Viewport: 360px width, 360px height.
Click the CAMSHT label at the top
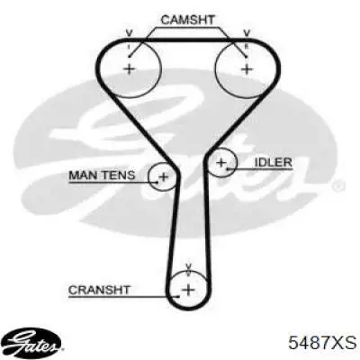pyautogui.click(x=187, y=20)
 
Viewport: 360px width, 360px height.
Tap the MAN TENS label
pyautogui.click(x=102, y=175)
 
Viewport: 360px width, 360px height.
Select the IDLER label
pyautogui.click(x=273, y=162)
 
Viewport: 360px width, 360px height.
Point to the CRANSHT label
pyautogui.click(x=99, y=290)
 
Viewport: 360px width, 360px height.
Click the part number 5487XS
pyautogui.click(x=322, y=343)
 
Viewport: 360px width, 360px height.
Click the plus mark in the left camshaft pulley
pyautogui.click(x=130, y=69)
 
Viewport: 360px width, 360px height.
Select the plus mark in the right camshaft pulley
pyautogui.click(x=247, y=69)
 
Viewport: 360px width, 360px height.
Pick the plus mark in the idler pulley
pyautogui.click(x=221, y=163)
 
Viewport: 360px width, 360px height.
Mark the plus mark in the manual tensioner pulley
pyautogui.click(x=164, y=176)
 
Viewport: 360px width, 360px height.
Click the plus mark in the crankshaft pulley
pyautogui.click(x=188, y=290)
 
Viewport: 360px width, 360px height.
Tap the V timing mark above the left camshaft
pyautogui.click(x=129, y=33)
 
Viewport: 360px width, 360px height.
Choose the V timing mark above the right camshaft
pyautogui.click(x=247, y=33)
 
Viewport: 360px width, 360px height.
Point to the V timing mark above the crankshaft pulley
pyautogui.click(x=188, y=266)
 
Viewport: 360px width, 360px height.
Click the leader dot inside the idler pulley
pyautogui.click(x=228, y=169)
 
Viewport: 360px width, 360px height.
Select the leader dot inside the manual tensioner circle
pyautogui.click(x=157, y=182)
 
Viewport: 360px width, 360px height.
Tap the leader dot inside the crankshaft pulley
pyautogui.click(x=178, y=297)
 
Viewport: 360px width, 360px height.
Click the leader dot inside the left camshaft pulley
pyautogui.click(x=129, y=57)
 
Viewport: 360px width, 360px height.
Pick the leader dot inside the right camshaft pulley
pyautogui.click(x=247, y=57)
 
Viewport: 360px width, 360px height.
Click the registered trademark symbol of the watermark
pyautogui.click(x=337, y=186)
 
